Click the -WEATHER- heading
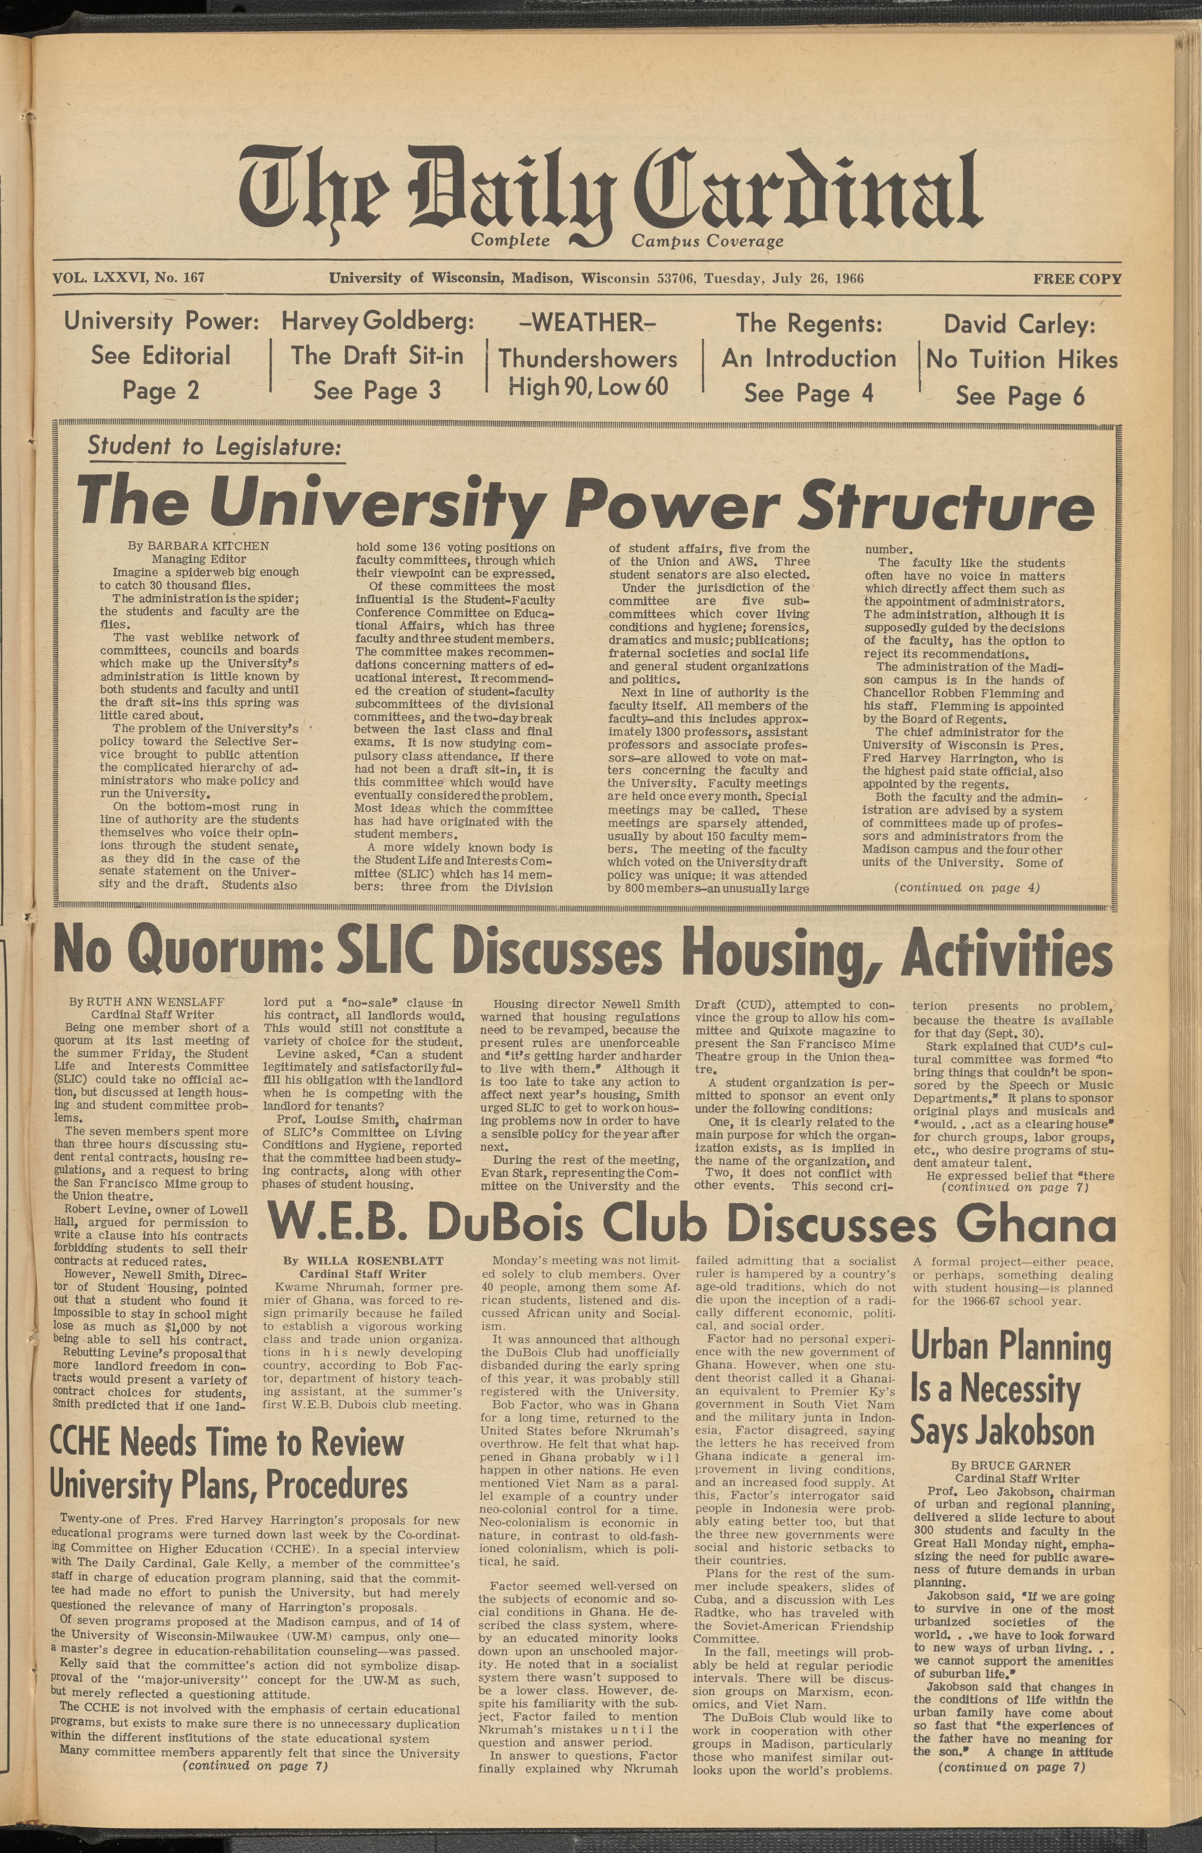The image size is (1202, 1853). click(588, 322)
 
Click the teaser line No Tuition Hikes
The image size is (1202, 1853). click(1021, 360)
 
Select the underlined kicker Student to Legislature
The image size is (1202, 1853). click(214, 446)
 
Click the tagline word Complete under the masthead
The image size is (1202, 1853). click(511, 241)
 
